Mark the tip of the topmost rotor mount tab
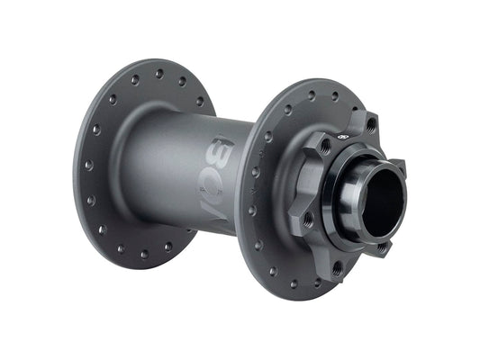pyautogui.click(x=370, y=114)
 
